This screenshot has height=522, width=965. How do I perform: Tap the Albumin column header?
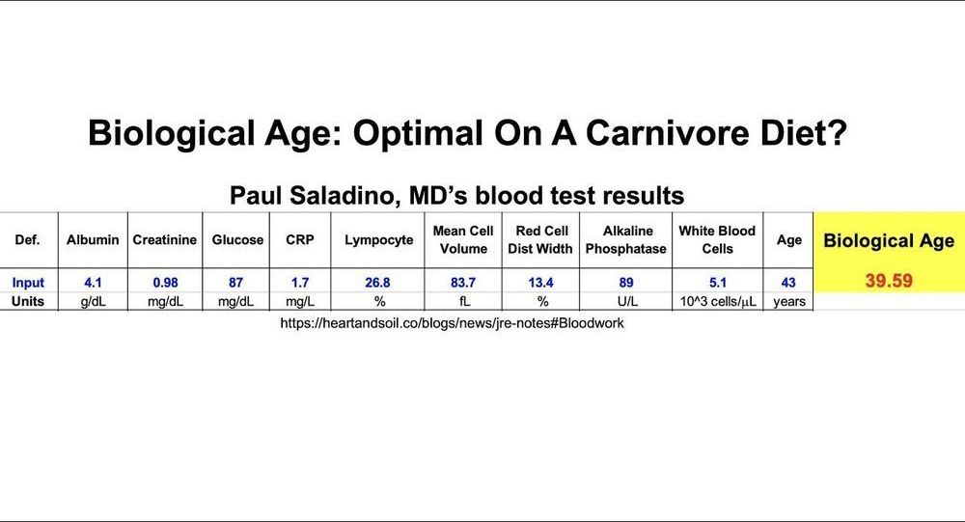coord(93,240)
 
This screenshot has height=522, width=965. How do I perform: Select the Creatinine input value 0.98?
coord(166,283)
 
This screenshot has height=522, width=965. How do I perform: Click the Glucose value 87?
coord(235,283)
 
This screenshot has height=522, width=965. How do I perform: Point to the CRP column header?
coord(300,240)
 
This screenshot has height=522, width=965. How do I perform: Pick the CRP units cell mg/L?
coord(300,302)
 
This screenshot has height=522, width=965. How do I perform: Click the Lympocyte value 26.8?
coord(377,283)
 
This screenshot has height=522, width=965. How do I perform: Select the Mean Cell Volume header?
coord(463,239)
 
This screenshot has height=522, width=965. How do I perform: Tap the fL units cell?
coord(464,302)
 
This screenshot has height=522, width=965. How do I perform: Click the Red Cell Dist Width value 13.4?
coord(540,283)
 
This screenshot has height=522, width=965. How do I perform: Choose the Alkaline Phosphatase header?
coord(626,239)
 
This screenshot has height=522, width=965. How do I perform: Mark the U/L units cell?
coord(627,302)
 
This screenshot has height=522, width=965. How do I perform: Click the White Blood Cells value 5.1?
coord(718,283)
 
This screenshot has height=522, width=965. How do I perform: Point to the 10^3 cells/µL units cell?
coord(718,302)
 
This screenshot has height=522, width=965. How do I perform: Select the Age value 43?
coord(788,283)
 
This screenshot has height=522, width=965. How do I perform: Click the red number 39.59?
coord(889,281)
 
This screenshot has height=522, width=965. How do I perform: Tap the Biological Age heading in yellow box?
coord(889,240)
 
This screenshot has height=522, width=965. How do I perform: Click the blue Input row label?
coord(28,283)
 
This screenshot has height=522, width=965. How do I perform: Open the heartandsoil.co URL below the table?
coord(452,323)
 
